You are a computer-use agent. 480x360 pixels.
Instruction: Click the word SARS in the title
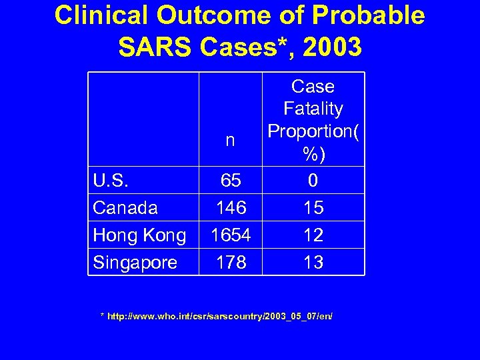pyautogui.click(x=154, y=47)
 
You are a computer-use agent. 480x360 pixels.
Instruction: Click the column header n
pyautogui.click(x=230, y=141)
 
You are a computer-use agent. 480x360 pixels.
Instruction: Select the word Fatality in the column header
pyautogui.click(x=313, y=109)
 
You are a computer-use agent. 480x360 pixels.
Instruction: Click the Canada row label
pyautogui.click(x=125, y=208)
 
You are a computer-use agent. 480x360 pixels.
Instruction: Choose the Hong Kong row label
pyautogui.click(x=140, y=235)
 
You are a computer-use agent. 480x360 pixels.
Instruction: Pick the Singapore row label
pyautogui.click(x=135, y=263)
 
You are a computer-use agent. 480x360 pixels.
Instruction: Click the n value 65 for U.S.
pyautogui.click(x=231, y=180)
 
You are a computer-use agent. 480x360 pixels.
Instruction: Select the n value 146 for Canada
pyautogui.click(x=231, y=208)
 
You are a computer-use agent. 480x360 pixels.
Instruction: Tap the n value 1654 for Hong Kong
pyautogui.click(x=231, y=235)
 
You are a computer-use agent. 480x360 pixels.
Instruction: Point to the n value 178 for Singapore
pyautogui.click(x=231, y=263)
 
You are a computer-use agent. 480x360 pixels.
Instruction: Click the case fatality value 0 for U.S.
pyautogui.click(x=313, y=180)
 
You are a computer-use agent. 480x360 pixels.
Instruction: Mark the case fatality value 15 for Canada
pyautogui.click(x=313, y=208)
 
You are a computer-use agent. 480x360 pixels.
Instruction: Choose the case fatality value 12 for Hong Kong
pyautogui.click(x=313, y=235)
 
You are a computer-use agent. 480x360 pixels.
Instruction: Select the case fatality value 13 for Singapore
pyautogui.click(x=313, y=263)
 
